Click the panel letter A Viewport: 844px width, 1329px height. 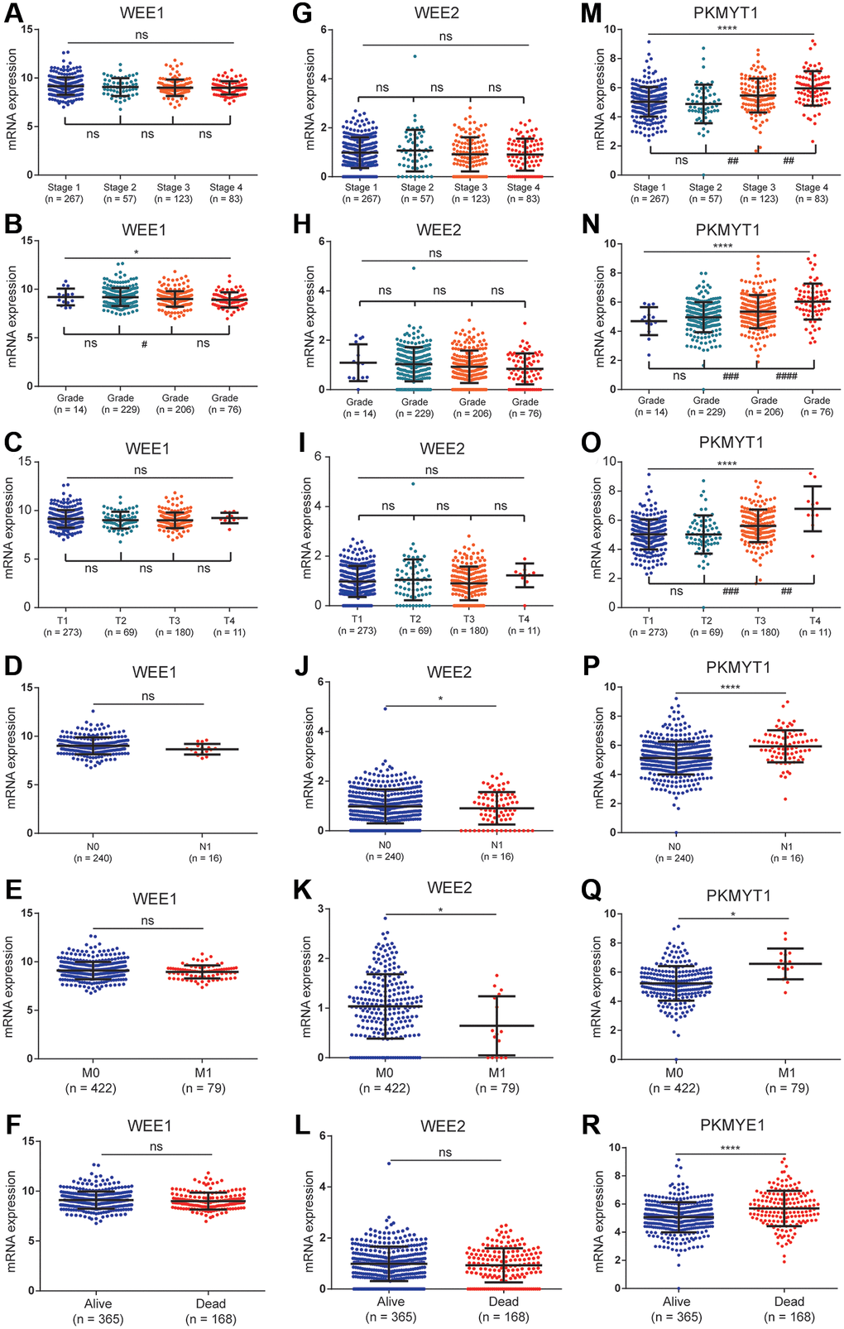click(14, 14)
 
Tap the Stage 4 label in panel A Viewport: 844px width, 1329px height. click(226, 188)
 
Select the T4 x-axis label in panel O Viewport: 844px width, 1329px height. click(814, 621)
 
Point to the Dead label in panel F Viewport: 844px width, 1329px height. click(211, 1303)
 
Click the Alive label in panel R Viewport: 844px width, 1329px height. click(676, 1301)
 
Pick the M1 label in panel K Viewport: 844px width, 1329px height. click(496, 1072)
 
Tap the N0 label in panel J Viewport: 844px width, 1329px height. click(385, 845)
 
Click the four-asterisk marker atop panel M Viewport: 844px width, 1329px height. click(727, 29)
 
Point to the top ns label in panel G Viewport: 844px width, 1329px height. click(445, 36)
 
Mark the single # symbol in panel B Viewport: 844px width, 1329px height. click(144, 344)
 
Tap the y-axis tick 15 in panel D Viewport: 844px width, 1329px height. click(27, 687)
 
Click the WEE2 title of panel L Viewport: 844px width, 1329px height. click(443, 1126)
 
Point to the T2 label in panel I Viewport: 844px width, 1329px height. click(415, 619)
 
